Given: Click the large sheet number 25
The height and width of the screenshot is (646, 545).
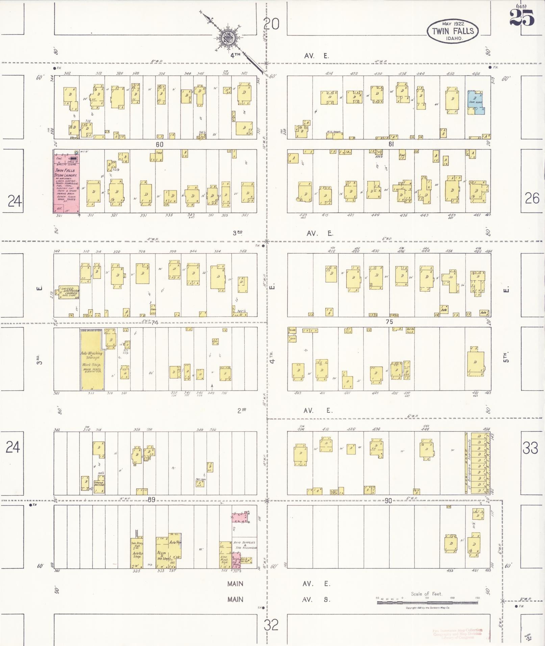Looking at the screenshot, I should [522, 18].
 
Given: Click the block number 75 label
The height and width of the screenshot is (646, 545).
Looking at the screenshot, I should [389, 322].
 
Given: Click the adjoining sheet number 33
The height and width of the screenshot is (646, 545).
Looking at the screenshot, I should [530, 448].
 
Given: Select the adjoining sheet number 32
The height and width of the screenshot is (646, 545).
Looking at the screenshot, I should [271, 625].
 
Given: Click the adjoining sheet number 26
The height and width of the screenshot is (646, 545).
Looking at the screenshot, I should [532, 199].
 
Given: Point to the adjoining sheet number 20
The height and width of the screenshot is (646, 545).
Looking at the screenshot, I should [271, 24].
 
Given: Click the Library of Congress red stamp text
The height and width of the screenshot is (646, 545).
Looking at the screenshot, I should [457, 634].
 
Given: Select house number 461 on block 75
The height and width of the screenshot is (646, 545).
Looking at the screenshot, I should [476, 393].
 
